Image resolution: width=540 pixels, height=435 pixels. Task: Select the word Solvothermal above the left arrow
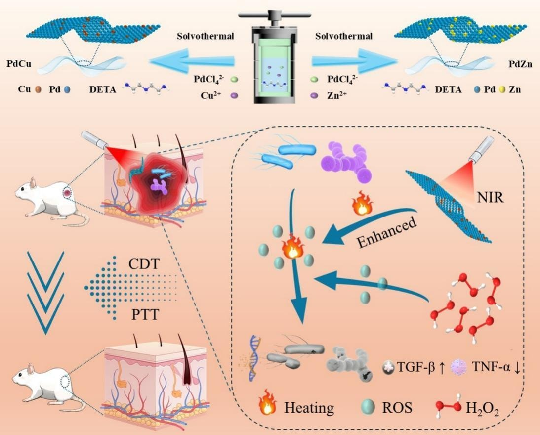click(205, 36)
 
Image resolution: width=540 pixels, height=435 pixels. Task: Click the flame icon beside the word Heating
click(267, 407)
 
